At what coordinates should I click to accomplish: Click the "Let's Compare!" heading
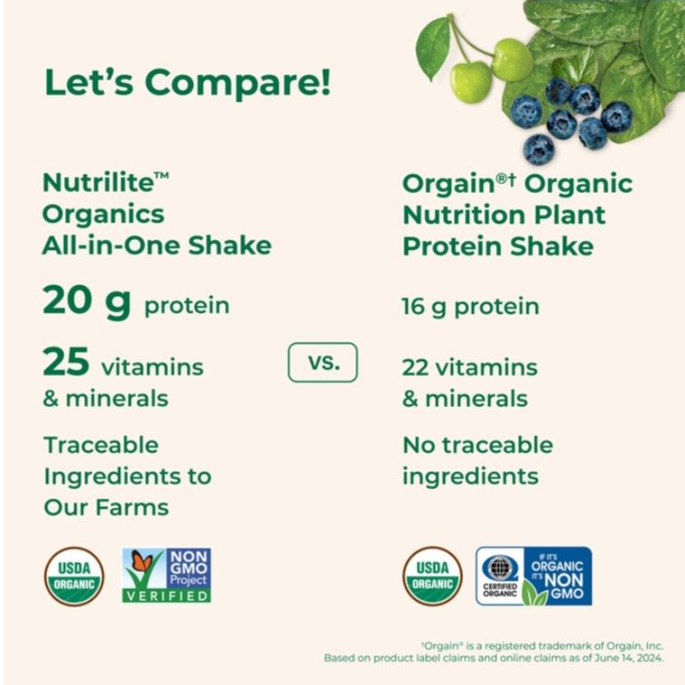point(188,82)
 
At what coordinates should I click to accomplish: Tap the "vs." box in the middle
point(323,362)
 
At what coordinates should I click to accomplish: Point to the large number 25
point(66,362)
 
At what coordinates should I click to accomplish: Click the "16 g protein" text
point(470,306)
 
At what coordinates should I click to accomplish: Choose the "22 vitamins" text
point(469,367)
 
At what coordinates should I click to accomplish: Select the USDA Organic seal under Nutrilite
point(73,575)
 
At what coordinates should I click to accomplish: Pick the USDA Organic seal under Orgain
point(432,575)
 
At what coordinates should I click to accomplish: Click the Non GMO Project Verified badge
point(166,575)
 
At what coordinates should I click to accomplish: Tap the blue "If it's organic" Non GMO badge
point(534,575)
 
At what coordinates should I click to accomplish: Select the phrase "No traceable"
point(477,445)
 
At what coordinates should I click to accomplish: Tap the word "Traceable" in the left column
point(101,445)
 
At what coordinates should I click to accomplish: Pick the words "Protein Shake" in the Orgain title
point(497,246)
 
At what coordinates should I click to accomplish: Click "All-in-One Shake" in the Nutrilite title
point(157,245)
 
